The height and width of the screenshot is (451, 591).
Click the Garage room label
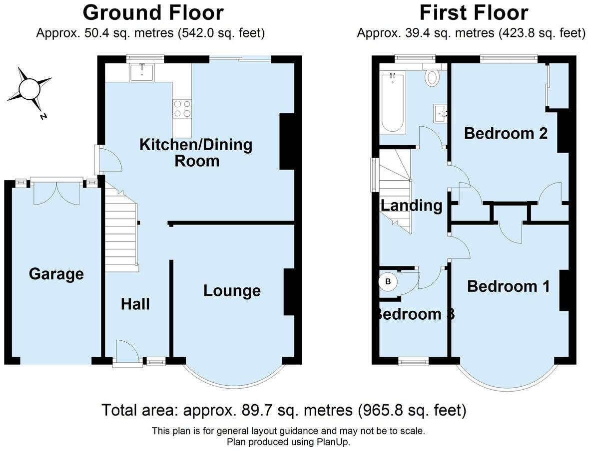(x=56, y=274)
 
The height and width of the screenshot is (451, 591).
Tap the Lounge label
(x=232, y=290)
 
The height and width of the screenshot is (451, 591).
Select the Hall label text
(x=135, y=304)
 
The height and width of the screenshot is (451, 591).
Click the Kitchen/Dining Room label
(x=195, y=153)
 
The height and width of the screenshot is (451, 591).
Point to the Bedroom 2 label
(x=506, y=133)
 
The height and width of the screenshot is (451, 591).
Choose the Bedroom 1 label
(x=508, y=286)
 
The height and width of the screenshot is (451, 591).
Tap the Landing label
(x=411, y=205)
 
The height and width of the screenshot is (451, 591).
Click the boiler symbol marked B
(x=388, y=282)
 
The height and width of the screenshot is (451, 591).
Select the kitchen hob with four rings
(x=182, y=108)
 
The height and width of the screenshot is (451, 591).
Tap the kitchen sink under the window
(x=143, y=72)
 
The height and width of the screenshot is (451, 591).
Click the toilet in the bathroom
(x=431, y=76)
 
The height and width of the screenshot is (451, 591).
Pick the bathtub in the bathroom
(x=393, y=102)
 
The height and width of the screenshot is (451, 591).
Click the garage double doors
(x=56, y=192)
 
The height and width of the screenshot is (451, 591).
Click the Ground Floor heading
(x=153, y=12)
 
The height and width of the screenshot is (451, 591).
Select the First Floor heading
(x=473, y=12)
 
